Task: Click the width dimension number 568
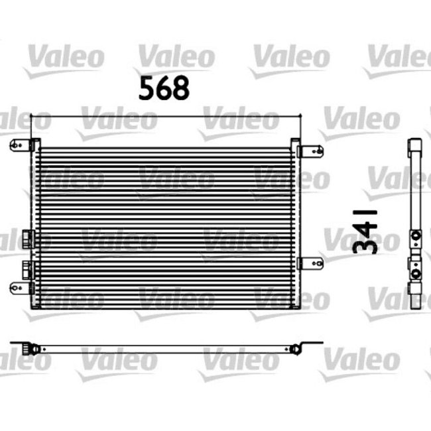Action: click(164, 88)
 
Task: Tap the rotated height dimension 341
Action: click(365, 229)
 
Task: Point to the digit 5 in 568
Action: click(147, 88)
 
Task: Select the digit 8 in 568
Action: click(181, 88)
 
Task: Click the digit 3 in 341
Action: click(365, 245)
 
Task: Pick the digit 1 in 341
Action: click(365, 214)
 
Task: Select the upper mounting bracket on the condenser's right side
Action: click(310, 151)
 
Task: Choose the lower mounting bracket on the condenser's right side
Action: click(310, 263)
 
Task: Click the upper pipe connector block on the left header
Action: click(27, 236)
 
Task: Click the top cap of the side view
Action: click(416, 145)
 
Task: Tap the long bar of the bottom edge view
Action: click(166, 347)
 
